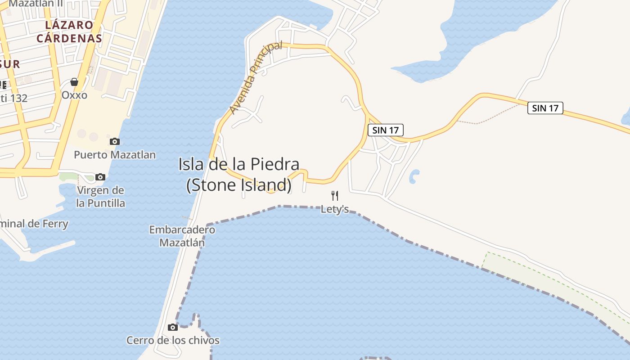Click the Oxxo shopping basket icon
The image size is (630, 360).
point(74,82)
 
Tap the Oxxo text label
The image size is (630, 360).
point(74,95)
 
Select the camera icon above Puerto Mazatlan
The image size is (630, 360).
point(115,142)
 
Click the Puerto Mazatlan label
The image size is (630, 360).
point(115,155)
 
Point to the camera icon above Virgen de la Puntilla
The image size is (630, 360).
point(100,177)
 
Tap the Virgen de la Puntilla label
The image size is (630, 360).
point(100,197)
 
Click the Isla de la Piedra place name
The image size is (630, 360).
point(238,164)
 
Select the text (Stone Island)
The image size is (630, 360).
point(238,184)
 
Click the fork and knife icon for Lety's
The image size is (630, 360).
point(334,195)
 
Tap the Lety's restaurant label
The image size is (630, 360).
point(334,209)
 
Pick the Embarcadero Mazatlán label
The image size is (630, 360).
point(182,236)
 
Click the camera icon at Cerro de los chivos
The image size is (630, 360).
point(173,327)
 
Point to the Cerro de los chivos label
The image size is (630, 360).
point(173,340)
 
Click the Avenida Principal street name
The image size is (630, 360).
point(255,77)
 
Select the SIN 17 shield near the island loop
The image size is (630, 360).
point(386,130)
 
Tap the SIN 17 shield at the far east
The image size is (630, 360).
point(545,108)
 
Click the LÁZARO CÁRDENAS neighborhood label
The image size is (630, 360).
point(69,31)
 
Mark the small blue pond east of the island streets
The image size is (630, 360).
point(414,176)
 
